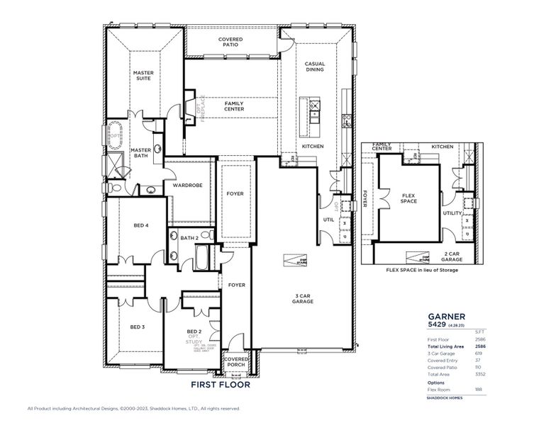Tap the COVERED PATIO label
[x=231, y=42]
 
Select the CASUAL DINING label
[x=315, y=67]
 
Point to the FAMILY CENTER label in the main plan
[x=235, y=106]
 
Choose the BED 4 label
[x=141, y=225]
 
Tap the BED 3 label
[x=138, y=327]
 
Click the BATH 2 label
[x=188, y=238]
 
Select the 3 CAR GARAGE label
[x=303, y=298]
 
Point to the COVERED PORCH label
[x=236, y=362]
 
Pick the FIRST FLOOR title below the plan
[x=221, y=386]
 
